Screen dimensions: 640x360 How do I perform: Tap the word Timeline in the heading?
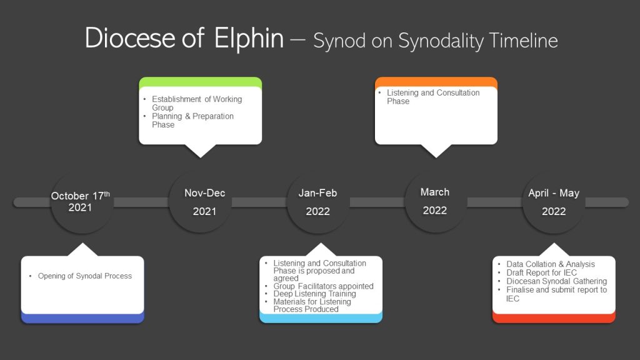coord(523,41)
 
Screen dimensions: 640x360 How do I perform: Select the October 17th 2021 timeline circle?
coord(82,202)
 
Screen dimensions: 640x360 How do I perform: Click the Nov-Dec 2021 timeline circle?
coord(200,202)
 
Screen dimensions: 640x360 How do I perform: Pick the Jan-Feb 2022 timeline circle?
coord(318,202)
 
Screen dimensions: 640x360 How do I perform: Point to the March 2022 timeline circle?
coord(436,201)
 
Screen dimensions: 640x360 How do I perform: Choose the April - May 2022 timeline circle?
coord(554,202)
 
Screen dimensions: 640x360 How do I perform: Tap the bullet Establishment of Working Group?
coord(192,103)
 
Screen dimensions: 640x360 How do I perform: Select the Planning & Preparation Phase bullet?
coord(189,121)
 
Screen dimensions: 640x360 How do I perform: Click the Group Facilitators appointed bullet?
coord(319,286)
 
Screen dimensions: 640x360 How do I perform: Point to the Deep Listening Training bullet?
coord(310,294)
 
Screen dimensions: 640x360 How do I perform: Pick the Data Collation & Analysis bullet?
coord(546,264)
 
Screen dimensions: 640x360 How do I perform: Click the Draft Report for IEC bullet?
coord(537,272)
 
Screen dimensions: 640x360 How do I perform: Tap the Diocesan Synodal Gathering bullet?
coord(552,281)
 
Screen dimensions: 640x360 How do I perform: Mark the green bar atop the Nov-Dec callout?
coord(201,82)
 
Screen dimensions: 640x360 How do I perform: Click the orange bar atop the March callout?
coord(436,82)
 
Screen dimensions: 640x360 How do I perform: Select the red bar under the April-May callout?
coord(554,318)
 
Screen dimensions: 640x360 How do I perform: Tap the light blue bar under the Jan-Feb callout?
coord(321,318)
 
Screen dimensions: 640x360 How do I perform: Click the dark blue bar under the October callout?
coord(82,318)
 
